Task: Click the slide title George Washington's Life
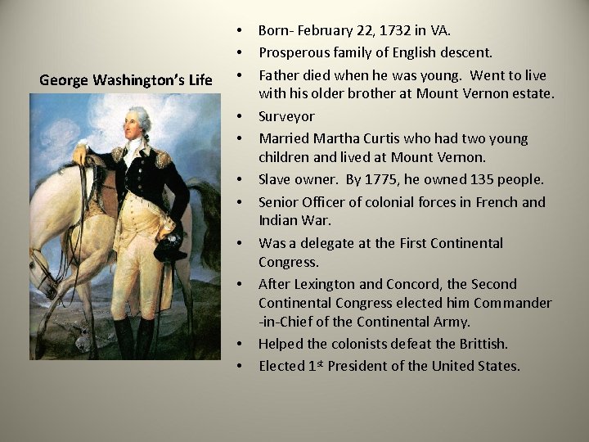pyautogui.click(x=125, y=80)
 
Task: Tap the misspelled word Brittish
pyautogui.click(x=479, y=344)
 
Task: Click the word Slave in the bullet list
pyautogui.click(x=276, y=179)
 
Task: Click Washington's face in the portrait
pyautogui.click(x=136, y=127)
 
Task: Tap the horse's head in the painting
pyautogui.click(x=45, y=274)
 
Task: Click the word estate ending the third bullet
pyautogui.click(x=533, y=93)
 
